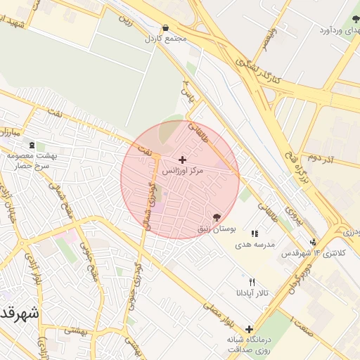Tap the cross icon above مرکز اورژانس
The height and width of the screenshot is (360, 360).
point(183,160)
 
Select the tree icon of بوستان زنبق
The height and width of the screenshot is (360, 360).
point(216,217)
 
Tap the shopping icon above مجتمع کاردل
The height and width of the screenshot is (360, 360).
point(165,28)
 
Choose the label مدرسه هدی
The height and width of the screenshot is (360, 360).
point(265,244)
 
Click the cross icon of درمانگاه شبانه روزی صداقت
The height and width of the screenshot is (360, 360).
point(249,329)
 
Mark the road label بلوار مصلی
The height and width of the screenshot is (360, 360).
point(218,314)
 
